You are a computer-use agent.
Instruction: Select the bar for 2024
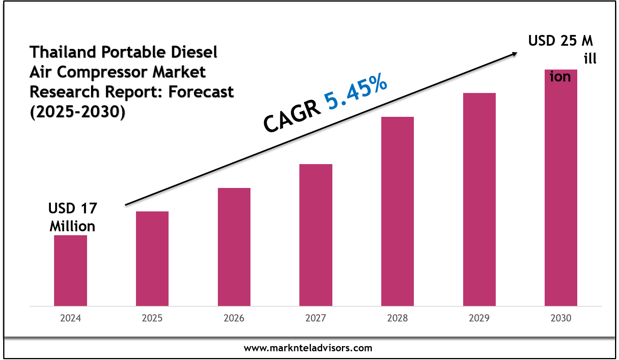pyautogui.click(x=70, y=271)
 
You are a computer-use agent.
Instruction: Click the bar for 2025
pyautogui.click(x=152, y=259)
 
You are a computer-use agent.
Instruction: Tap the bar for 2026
pyautogui.click(x=234, y=247)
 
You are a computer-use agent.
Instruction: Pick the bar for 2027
pyautogui.click(x=316, y=235)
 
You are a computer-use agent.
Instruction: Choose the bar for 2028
pyautogui.click(x=398, y=211)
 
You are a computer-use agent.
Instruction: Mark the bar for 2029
pyautogui.click(x=479, y=199)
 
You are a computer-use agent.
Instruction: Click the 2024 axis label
pyautogui.click(x=70, y=318)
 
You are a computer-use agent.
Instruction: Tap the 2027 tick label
pyautogui.click(x=316, y=318)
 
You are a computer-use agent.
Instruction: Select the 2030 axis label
pyautogui.click(x=561, y=318)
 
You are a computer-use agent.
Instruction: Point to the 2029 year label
pyautogui.click(x=479, y=318)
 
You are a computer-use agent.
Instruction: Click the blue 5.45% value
pyautogui.click(x=355, y=92)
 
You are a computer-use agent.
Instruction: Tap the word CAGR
pyautogui.click(x=292, y=116)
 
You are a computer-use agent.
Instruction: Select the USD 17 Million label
pyautogui.click(x=72, y=217)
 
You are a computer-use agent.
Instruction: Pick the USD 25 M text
pyautogui.click(x=560, y=41)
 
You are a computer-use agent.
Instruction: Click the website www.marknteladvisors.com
pyautogui.click(x=308, y=348)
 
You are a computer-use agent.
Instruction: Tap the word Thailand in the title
pyautogui.click(x=63, y=52)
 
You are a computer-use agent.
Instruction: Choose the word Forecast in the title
pyautogui.click(x=201, y=92)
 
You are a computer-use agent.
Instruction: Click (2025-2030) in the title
pyautogui.click(x=78, y=112)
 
